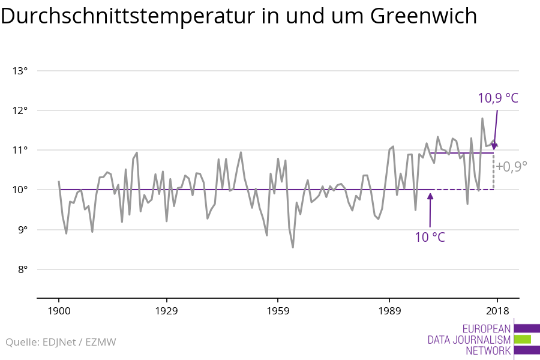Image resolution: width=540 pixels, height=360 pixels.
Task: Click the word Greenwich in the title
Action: tap(423, 17)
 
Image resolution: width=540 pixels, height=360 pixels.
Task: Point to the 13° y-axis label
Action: tap(20, 71)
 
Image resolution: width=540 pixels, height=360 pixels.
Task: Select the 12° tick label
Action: tap(20, 110)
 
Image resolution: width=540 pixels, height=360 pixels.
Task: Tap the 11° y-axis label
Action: tap(20, 150)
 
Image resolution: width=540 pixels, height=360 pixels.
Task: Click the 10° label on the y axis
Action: tap(20, 190)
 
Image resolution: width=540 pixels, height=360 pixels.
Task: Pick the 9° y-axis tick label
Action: tap(22, 230)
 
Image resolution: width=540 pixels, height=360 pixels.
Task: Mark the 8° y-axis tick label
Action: tap(22, 269)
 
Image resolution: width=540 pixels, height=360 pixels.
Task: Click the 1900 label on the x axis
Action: tap(59, 311)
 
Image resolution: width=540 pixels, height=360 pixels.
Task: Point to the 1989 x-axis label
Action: tap(389, 311)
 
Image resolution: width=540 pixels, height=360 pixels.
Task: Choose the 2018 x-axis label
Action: tap(497, 311)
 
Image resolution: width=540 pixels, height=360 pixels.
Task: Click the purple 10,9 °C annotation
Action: tap(497, 98)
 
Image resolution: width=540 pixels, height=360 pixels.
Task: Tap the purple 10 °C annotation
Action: tap(430, 237)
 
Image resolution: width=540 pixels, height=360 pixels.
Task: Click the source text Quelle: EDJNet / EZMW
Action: tap(61, 343)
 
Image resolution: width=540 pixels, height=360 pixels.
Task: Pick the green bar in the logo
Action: tap(523, 339)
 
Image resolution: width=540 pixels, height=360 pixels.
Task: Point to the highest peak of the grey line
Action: tap(482, 119)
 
